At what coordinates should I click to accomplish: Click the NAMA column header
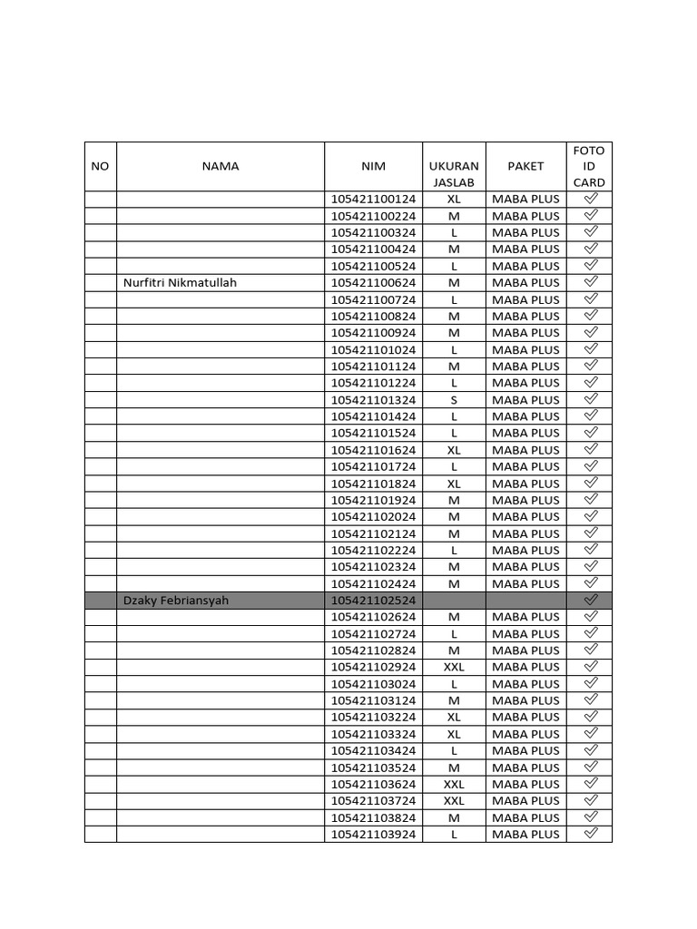221,166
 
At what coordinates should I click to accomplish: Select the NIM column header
373,166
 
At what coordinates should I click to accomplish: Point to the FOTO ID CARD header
589,166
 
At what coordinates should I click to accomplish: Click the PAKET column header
525,166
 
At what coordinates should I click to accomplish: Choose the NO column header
100,166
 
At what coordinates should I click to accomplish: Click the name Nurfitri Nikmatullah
180,283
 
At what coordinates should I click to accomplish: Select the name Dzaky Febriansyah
175,601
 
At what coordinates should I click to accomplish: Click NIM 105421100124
373,199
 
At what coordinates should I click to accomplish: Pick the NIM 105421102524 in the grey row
373,601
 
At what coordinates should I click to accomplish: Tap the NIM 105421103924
373,834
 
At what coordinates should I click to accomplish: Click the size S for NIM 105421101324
454,400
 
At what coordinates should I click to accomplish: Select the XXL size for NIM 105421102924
454,667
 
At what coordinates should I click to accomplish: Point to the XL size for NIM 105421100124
454,199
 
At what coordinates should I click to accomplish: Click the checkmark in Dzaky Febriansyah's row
590,600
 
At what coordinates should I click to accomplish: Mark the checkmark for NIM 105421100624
590,282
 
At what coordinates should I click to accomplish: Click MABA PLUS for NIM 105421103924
525,834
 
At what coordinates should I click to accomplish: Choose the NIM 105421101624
373,450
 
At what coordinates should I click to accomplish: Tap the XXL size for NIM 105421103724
454,800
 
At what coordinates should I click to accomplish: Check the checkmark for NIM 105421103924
590,833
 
